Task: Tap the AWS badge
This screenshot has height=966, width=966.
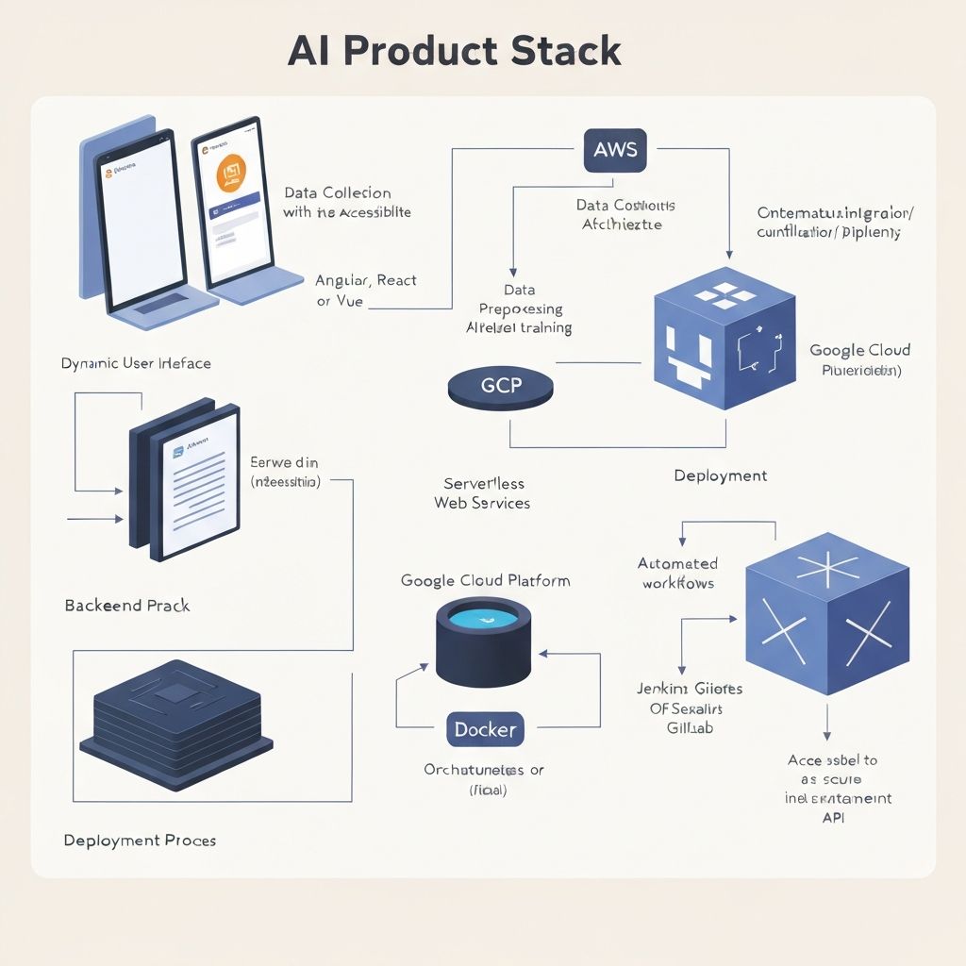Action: pyautogui.click(x=615, y=150)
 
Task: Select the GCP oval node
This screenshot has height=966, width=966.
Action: pyautogui.click(x=501, y=388)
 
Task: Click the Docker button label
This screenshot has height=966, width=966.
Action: pyautogui.click(x=485, y=729)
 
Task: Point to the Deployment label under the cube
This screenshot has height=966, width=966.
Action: pyautogui.click(x=720, y=475)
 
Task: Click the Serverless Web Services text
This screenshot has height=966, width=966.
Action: pyautogui.click(x=482, y=493)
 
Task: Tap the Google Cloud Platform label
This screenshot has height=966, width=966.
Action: pyautogui.click(x=485, y=581)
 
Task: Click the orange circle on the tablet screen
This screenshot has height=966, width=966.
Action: pyautogui.click(x=231, y=174)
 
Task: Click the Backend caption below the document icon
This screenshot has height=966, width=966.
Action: pyautogui.click(x=127, y=605)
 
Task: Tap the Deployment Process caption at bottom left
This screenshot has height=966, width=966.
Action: pyautogui.click(x=140, y=840)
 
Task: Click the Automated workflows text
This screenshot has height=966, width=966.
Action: pyautogui.click(x=677, y=574)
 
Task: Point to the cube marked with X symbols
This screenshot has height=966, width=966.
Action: pyautogui.click(x=826, y=613)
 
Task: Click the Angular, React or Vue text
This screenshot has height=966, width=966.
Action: pyautogui.click(x=366, y=291)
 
